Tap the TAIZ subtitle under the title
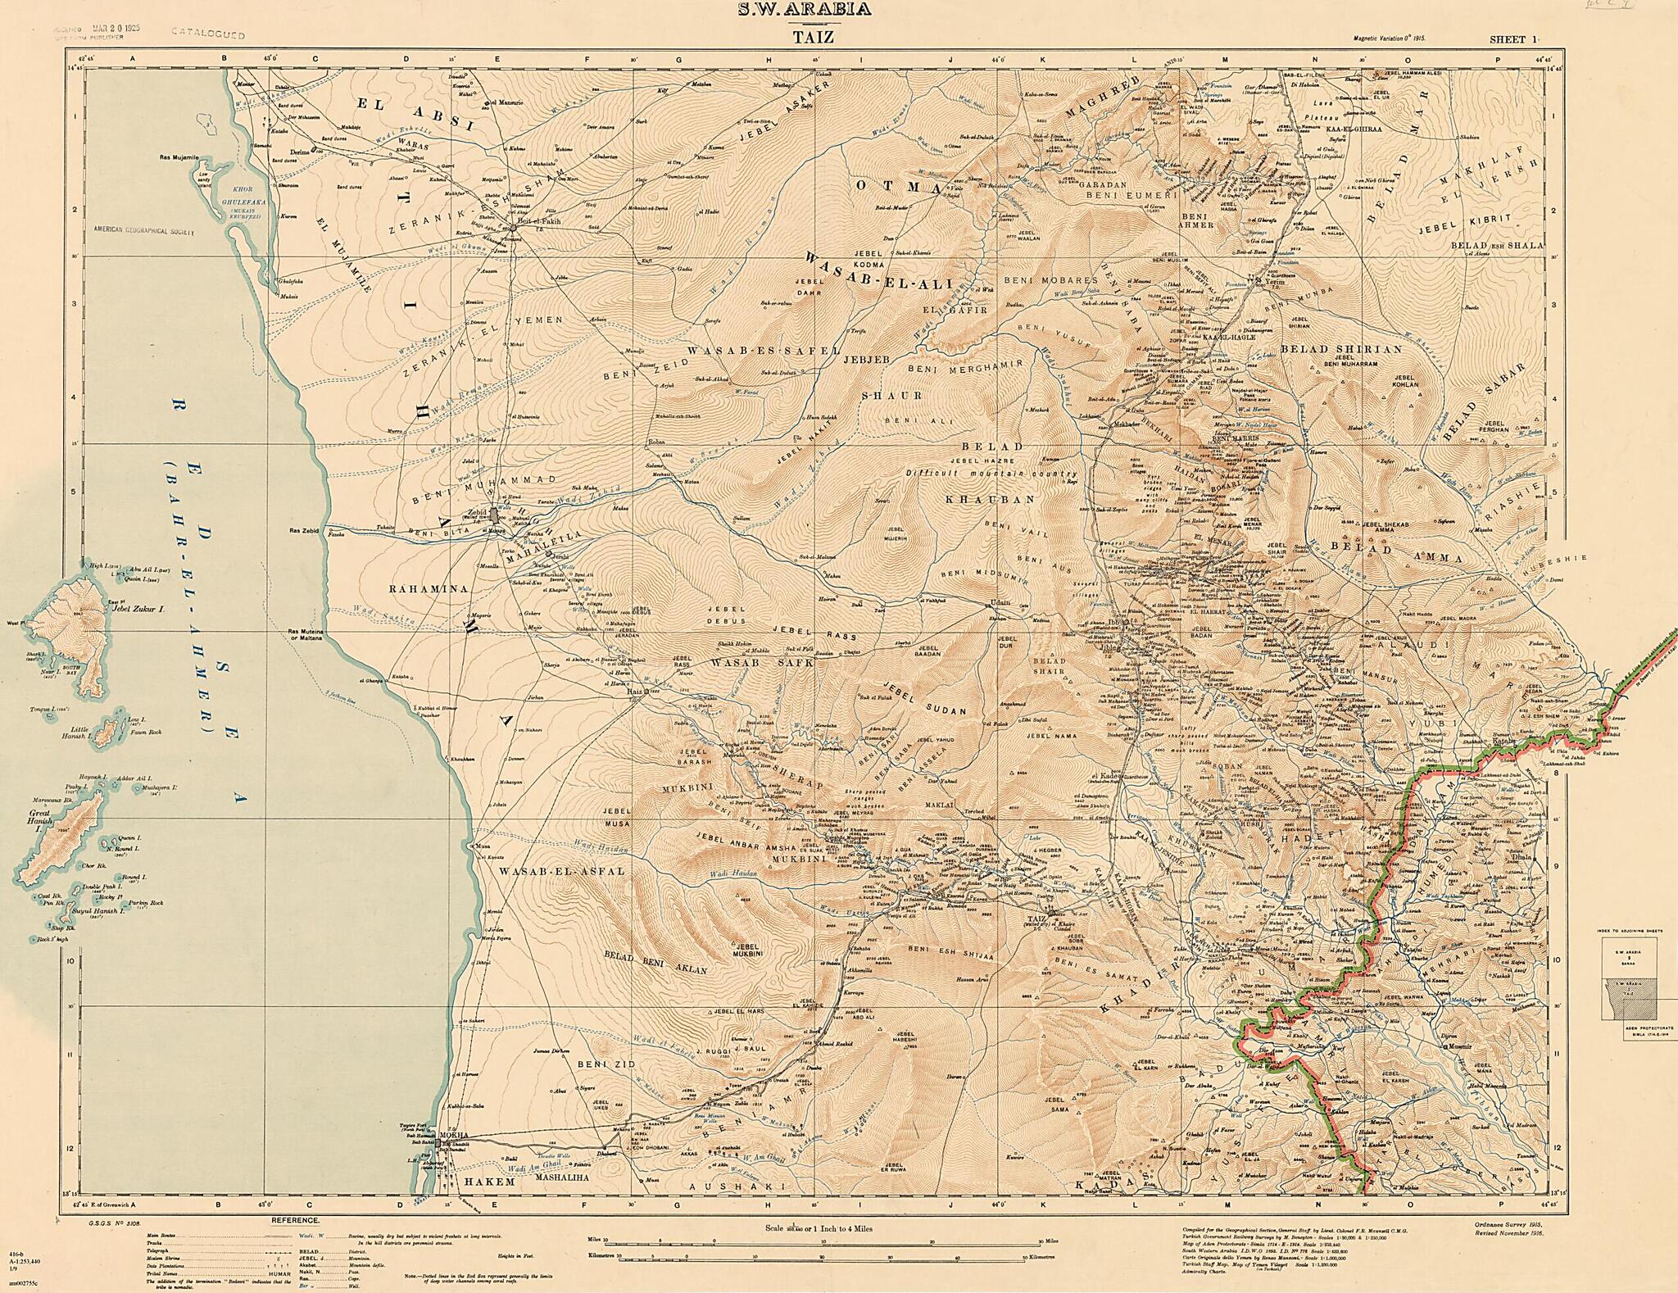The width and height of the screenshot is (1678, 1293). [838, 36]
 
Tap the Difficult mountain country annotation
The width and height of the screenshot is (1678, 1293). [991, 474]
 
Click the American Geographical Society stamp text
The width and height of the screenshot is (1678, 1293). [144, 232]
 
